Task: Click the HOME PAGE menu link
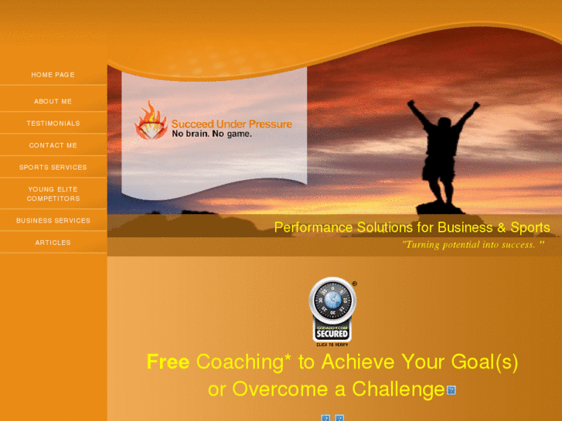coord(53,75)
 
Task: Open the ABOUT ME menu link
coord(53,101)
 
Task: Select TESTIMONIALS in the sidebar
coord(53,124)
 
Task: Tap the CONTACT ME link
coord(53,145)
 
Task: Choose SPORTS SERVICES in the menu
coord(53,167)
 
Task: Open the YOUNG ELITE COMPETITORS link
coord(53,194)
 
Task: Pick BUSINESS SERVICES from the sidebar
coord(53,220)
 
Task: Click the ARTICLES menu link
coord(53,243)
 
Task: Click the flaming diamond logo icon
coord(151,121)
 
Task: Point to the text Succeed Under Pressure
coord(231,124)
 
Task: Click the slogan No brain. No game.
coord(211,134)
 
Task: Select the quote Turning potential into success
coord(473,244)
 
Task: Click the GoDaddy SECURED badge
coord(332,311)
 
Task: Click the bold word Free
coord(168,362)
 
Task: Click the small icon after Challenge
coord(451,390)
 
